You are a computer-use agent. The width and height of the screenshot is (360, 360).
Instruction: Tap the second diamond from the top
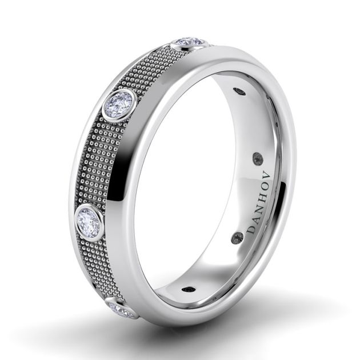tap(119, 105)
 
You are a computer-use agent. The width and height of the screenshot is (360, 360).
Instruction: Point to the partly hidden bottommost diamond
tap(122, 310)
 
